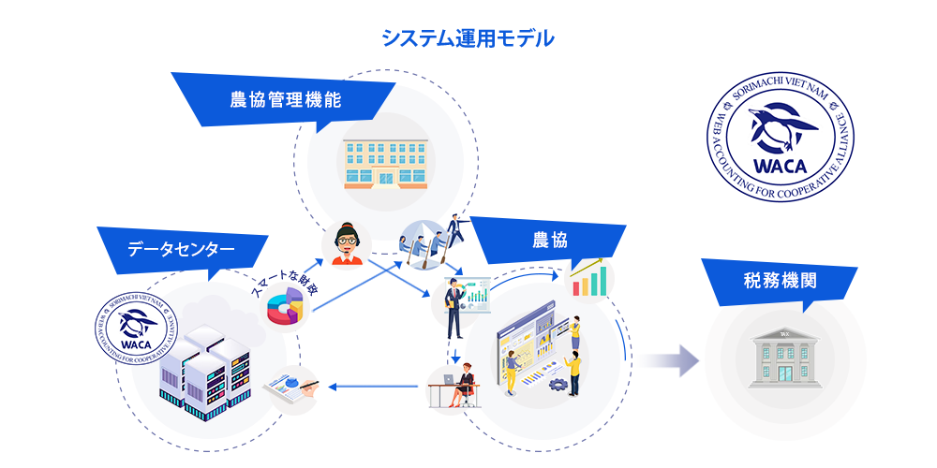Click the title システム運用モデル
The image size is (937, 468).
pyautogui.click(x=468, y=38)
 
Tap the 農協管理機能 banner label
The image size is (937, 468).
pyautogui.click(x=286, y=100)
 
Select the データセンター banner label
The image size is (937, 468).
pyautogui.click(x=181, y=249)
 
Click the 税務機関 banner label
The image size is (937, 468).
pyautogui.click(x=780, y=281)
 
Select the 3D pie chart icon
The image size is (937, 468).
pyautogui.click(x=286, y=306)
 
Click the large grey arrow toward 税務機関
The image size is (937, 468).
pyautogui.click(x=668, y=360)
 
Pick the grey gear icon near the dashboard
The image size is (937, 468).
pyautogui.click(x=558, y=383)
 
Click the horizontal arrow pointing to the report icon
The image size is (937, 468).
pyautogui.click(x=373, y=387)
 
